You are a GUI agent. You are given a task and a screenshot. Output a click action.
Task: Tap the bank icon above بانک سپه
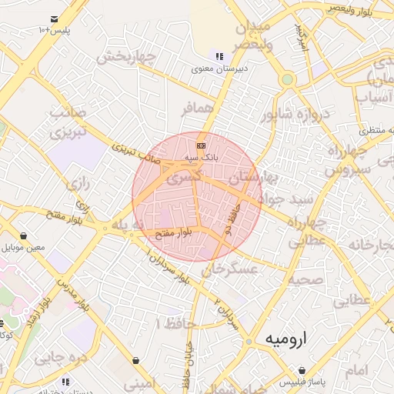(x=201, y=145)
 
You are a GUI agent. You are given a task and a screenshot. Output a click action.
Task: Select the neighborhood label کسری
(x=187, y=177)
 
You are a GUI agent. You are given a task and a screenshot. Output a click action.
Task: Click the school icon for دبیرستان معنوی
(x=219, y=56)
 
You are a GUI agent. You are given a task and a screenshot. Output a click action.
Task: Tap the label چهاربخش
(x=130, y=57)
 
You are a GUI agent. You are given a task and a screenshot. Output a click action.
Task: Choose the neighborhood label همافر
(x=196, y=109)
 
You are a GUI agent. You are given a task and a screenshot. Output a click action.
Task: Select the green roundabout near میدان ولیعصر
(x=288, y=78)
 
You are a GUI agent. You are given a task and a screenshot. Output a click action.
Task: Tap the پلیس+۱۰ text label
(x=54, y=30)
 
